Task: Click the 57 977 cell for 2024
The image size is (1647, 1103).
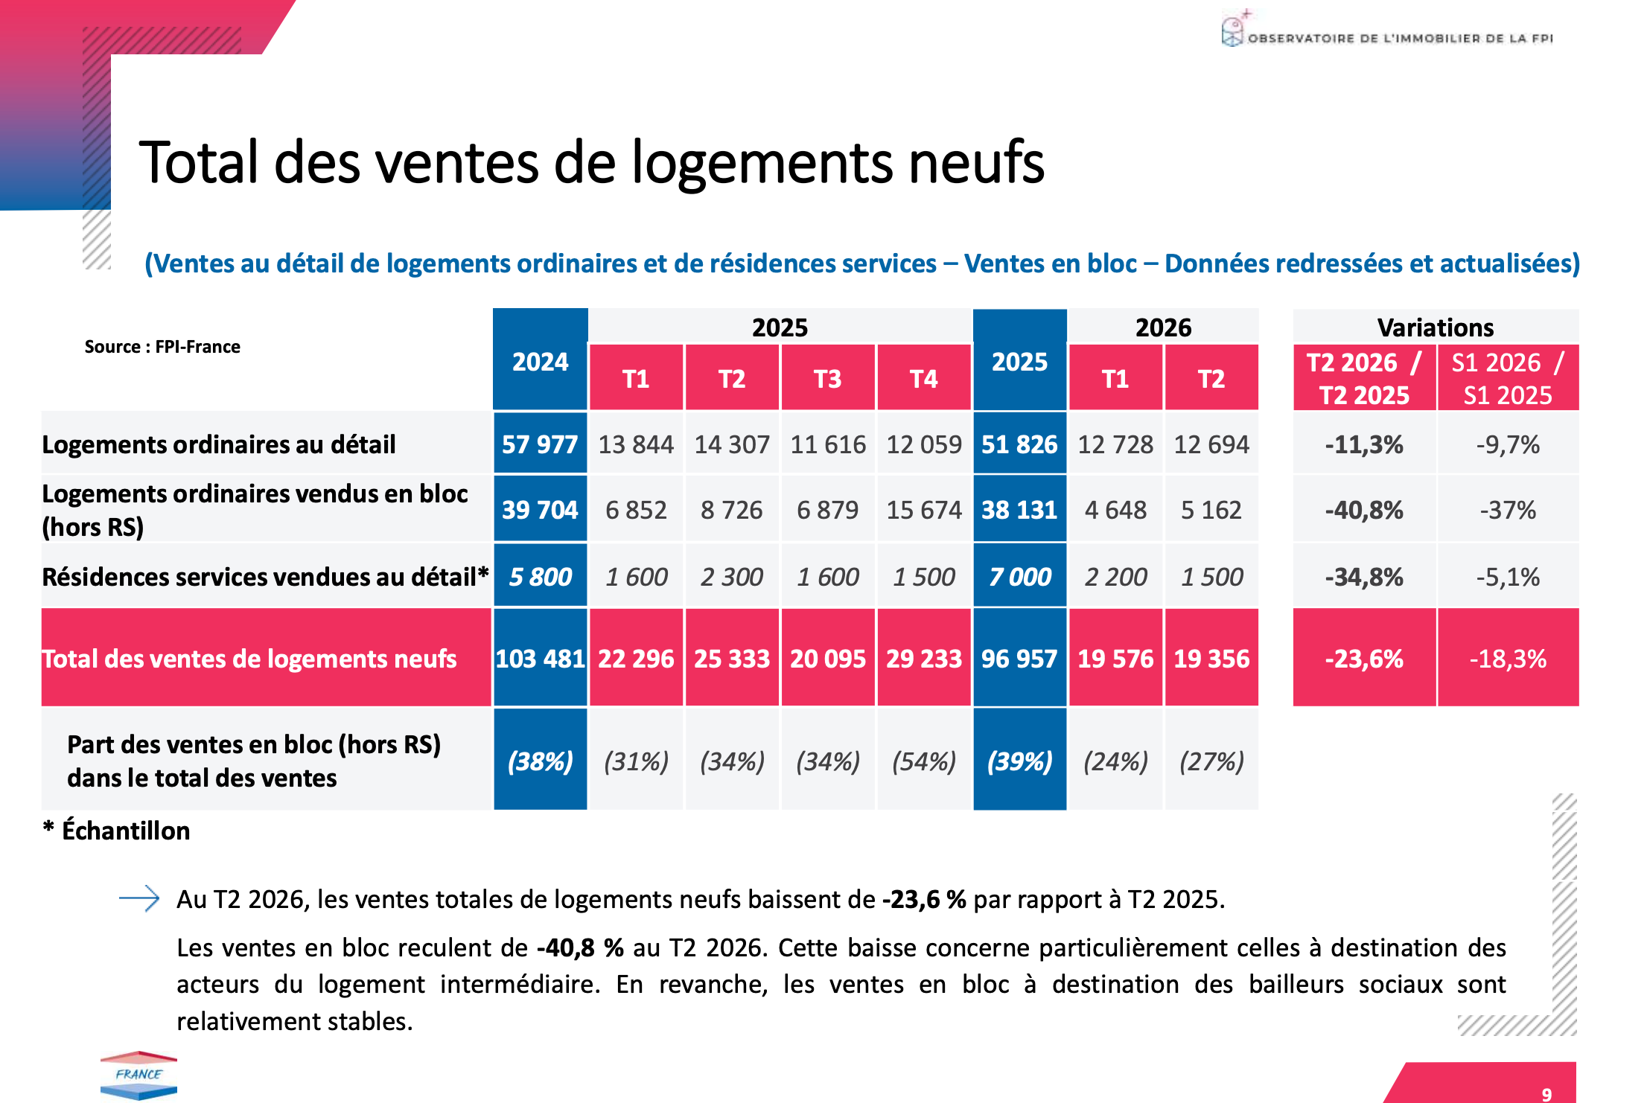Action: tap(540, 444)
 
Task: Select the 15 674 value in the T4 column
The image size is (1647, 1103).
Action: tap(924, 510)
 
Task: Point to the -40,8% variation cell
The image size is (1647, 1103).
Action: tap(1364, 510)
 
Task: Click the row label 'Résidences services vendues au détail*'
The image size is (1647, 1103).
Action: tap(265, 577)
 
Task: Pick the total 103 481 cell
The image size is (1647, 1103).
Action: tap(540, 658)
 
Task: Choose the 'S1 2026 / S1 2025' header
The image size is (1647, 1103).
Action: tap(1508, 378)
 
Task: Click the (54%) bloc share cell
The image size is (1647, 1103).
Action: tap(924, 761)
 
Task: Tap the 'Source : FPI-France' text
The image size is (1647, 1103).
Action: tap(162, 347)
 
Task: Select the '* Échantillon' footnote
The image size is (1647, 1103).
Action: tap(117, 830)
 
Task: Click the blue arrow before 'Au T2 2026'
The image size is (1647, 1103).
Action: tap(139, 898)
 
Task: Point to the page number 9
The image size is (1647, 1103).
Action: tap(1546, 1094)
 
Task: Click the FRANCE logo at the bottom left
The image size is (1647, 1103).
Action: tap(138, 1075)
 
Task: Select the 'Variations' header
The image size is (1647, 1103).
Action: tap(1436, 327)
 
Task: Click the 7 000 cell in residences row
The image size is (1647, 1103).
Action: tap(1019, 577)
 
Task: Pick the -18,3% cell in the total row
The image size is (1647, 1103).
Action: tap(1508, 659)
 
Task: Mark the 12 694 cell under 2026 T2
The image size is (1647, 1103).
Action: tap(1211, 444)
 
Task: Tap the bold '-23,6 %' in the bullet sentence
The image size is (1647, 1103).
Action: tap(924, 899)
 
